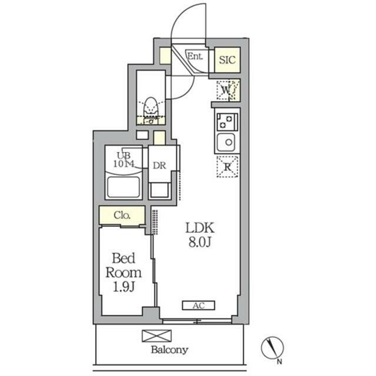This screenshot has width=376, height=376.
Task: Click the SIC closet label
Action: [227, 60]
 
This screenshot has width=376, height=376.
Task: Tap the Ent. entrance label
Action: [195, 56]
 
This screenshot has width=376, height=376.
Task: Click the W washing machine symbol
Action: [226, 90]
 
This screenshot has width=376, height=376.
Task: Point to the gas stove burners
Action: [226, 122]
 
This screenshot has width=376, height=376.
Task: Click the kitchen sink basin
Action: [226, 142]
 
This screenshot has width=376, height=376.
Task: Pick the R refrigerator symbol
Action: [227, 167]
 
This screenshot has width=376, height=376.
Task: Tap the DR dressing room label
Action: [159, 166]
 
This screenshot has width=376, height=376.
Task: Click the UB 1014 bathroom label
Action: [124, 160]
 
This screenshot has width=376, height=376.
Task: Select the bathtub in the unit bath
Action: [123, 187]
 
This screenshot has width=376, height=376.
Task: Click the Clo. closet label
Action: [122, 215]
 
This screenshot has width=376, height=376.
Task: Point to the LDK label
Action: [200, 228]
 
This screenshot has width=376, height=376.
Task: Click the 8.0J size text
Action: [200, 243]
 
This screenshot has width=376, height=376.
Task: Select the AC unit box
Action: [199, 305]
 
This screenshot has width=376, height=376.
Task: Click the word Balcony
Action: [170, 350]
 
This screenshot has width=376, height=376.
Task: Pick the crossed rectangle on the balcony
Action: [157, 335]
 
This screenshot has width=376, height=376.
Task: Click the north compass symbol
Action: [273, 347]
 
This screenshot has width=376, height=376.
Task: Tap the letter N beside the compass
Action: [280, 362]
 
